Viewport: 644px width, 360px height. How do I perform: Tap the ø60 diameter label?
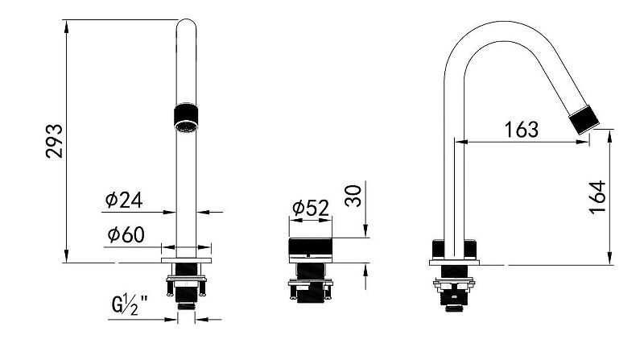(x=125, y=234)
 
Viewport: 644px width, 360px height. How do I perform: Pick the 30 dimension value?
(x=353, y=195)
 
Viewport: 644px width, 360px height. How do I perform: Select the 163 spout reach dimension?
(x=522, y=128)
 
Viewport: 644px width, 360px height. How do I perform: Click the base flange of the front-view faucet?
(x=186, y=262)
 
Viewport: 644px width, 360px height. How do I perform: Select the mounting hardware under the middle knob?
(x=309, y=288)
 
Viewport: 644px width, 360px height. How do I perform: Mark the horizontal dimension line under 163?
(x=522, y=143)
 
